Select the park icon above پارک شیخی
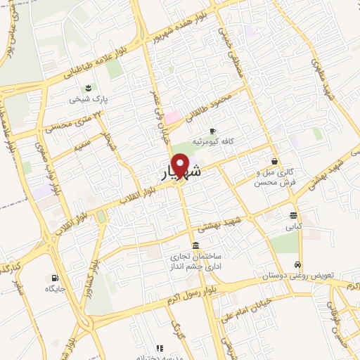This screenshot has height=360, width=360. tap(89, 88)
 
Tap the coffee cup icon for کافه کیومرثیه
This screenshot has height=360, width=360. tap(212, 131)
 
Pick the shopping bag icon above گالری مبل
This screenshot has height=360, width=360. tap(275, 161)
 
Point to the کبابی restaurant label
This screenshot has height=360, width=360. tap(292, 227)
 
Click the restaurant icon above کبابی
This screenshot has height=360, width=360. tap(293, 215)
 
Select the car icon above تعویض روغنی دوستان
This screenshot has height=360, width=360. tap(298, 264)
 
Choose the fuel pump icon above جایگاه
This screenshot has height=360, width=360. tap(55, 277)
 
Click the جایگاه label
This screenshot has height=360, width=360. tap(55, 288)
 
